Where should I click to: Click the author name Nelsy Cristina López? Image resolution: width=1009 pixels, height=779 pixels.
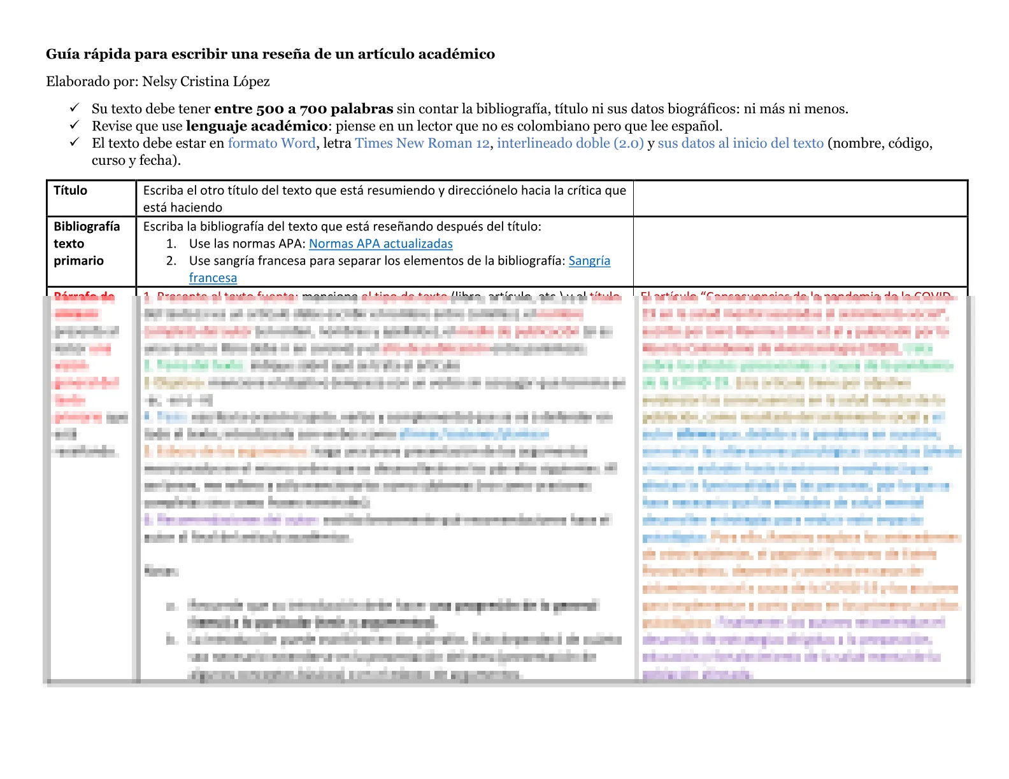tap(206, 81)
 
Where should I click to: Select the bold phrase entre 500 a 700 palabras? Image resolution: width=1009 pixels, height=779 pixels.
tap(303, 109)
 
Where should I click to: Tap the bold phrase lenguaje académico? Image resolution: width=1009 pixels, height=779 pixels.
tap(257, 126)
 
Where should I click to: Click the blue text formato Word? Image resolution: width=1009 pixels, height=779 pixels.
tap(272, 143)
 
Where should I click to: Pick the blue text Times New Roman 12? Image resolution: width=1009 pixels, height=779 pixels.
tap(422, 143)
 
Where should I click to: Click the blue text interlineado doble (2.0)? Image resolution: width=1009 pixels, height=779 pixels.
tap(570, 143)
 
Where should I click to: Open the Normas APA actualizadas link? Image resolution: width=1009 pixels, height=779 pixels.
tap(381, 244)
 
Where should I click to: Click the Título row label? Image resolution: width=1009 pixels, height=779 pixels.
tap(70, 190)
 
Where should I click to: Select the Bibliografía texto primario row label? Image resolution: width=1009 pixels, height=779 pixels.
tap(86, 244)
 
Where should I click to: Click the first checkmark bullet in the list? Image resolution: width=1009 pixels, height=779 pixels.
tap(75, 108)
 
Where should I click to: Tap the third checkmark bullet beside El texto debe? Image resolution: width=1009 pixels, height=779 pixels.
tap(75, 142)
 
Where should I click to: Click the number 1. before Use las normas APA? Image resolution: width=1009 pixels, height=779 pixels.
tap(171, 244)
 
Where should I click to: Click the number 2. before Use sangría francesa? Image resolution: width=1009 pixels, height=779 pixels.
tap(171, 261)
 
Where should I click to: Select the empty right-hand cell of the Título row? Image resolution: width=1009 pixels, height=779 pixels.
tap(800, 199)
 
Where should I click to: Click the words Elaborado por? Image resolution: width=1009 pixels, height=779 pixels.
tap(92, 81)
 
